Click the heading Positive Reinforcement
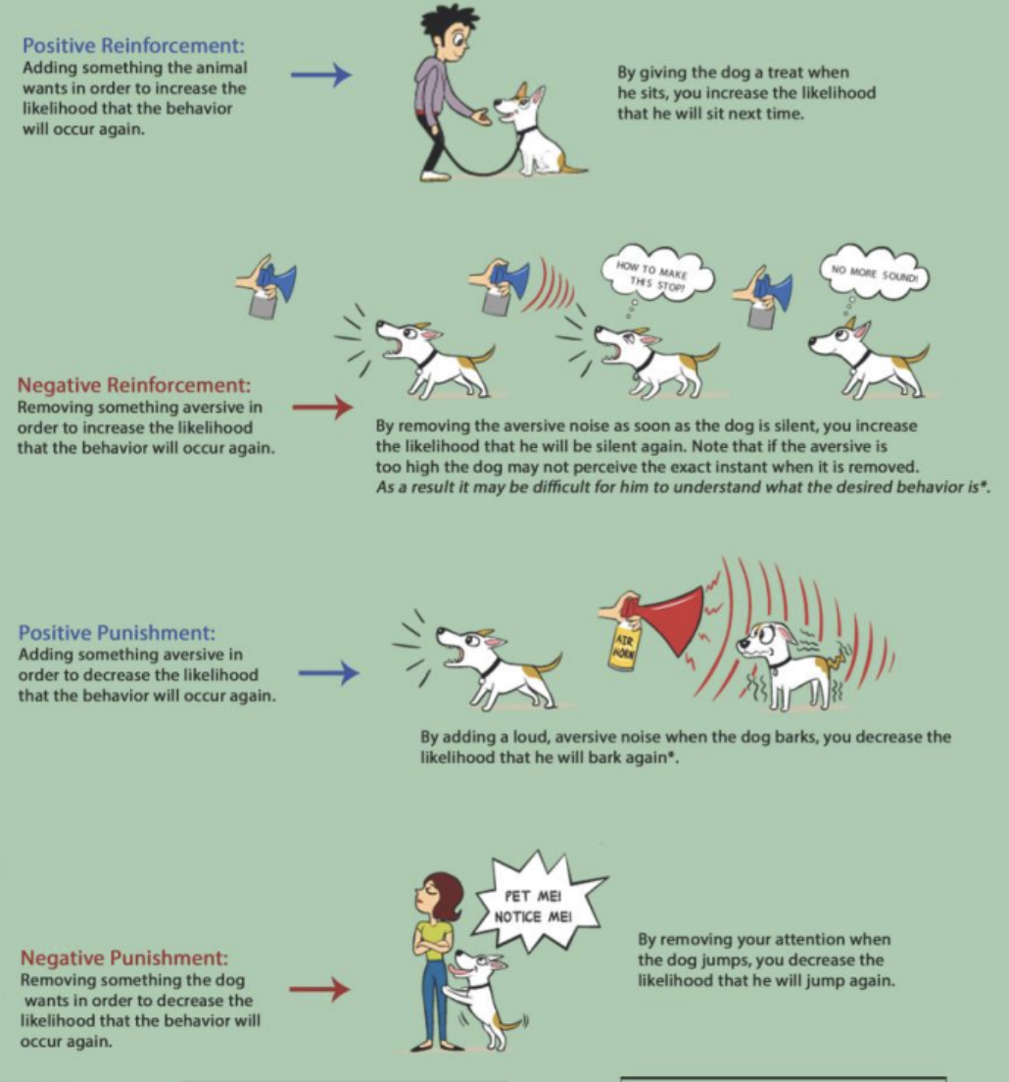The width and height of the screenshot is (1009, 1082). click(133, 45)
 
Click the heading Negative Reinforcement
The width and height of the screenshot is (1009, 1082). click(134, 384)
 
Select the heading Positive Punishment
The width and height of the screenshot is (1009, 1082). click(117, 632)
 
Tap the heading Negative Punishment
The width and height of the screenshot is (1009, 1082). click(123, 958)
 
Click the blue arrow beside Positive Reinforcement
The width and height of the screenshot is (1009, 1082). click(320, 74)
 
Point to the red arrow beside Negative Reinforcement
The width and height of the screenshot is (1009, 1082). click(322, 407)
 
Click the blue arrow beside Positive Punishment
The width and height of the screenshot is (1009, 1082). click(329, 672)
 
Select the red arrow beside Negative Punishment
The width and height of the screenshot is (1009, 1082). click(319, 990)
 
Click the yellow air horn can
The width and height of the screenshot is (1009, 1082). click(623, 643)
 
